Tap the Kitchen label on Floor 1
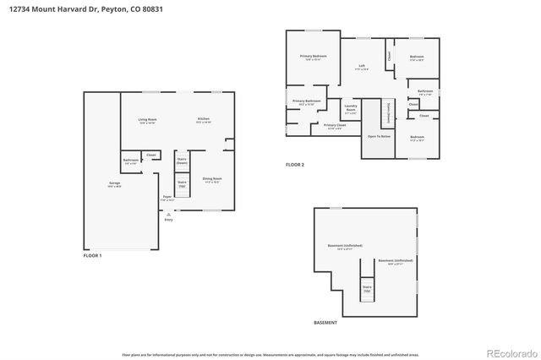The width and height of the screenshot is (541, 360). pyautogui.click(x=204, y=120)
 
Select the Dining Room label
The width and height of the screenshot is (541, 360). pyautogui.click(x=212, y=179)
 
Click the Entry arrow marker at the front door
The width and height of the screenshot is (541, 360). pyautogui.click(x=168, y=215)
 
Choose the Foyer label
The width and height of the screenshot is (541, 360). pyautogui.click(x=167, y=199)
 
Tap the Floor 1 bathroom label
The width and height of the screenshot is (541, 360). pyautogui.click(x=131, y=161)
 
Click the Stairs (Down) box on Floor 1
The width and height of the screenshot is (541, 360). pyautogui.click(x=182, y=161)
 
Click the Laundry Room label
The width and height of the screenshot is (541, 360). pyautogui.click(x=351, y=109)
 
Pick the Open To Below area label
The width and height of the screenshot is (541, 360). pyautogui.click(x=378, y=136)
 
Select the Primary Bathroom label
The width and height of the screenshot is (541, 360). pyautogui.click(x=307, y=102)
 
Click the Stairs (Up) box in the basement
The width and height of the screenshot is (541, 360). pyautogui.click(x=367, y=288)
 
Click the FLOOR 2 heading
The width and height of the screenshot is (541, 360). pyautogui.click(x=294, y=164)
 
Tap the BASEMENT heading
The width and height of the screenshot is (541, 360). pyautogui.click(x=325, y=323)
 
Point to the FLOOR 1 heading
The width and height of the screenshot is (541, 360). pyautogui.click(x=92, y=255)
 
